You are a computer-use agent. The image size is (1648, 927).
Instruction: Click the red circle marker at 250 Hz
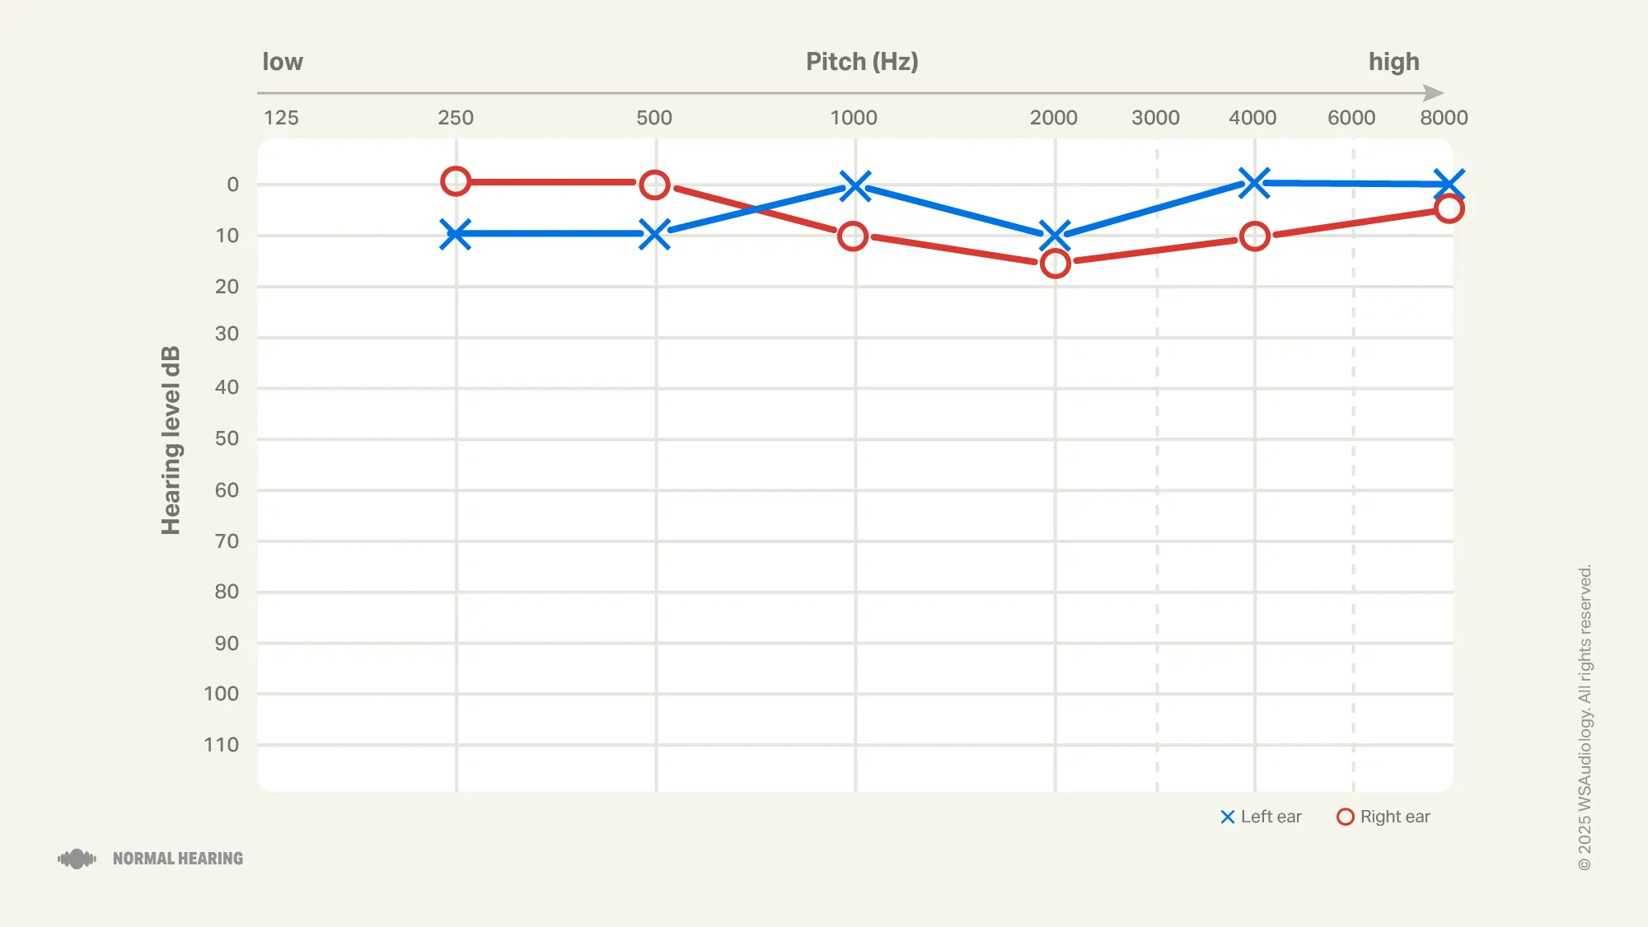pos(456,181)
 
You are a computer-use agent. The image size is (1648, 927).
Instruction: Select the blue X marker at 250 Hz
pos(456,234)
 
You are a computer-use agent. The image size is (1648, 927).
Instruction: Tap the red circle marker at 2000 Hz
pos(1055,264)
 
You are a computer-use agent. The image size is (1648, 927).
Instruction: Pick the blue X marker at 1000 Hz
pos(855,186)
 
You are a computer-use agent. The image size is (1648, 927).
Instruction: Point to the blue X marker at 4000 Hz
pos(1254,183)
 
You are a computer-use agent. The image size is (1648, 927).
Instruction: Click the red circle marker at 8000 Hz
pos(1449,208)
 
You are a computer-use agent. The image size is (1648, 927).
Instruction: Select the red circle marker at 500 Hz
pos(654,185)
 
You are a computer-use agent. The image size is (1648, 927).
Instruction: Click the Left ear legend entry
pos(1261,817)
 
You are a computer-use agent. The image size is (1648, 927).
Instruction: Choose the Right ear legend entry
pos(1383,817)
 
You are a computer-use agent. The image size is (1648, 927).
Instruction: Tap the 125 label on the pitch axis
pos(281,118)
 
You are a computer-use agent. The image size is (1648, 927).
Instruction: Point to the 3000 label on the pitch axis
pos(1155,118)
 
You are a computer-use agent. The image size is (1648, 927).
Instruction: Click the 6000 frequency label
pos(1351,118)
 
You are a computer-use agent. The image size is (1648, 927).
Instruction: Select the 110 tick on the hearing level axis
pos(222,745)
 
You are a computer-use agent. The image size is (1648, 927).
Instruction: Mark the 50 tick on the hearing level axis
pos(227,438)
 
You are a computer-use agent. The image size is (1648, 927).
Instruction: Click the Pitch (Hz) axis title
pos(862,62)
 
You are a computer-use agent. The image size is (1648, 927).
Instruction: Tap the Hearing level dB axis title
pos(171,440)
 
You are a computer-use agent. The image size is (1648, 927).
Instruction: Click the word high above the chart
pos(1394,62)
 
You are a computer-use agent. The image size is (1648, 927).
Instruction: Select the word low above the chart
pos(283,62)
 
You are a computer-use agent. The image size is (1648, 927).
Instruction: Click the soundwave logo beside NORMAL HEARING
pos(77,859)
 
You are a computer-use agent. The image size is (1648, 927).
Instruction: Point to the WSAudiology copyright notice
pos(1585,717)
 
